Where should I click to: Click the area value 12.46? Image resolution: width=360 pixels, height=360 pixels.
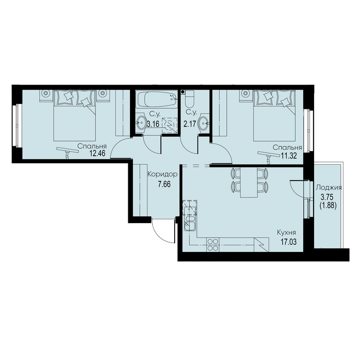[x=97, y=153]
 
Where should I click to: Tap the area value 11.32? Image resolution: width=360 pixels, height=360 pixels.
[x=289, y=156]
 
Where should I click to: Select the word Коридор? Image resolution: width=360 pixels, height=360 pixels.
[x=162, y=175]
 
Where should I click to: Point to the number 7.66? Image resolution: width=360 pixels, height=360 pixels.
[x=164, y=184]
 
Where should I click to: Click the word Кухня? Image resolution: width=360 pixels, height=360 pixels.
[x=286, y=233]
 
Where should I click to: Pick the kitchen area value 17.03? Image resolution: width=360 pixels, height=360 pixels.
[x=288, y=242]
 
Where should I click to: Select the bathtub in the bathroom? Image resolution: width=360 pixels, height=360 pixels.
[x=157, y=99]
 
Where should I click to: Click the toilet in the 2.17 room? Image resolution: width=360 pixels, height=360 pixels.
[x=190, y=99]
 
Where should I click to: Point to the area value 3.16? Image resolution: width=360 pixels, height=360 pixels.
[x=153, y=124]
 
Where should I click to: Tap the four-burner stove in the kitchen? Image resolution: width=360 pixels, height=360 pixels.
[x=213, y=245]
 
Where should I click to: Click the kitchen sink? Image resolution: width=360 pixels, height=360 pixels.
[x=189, y=223]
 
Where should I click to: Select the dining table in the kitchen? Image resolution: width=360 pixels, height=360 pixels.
[x=248, y=182]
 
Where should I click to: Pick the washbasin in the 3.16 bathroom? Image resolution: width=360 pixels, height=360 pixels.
[x=140, y=123]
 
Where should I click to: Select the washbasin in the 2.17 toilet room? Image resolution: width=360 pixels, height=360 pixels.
[x=204, y=123]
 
